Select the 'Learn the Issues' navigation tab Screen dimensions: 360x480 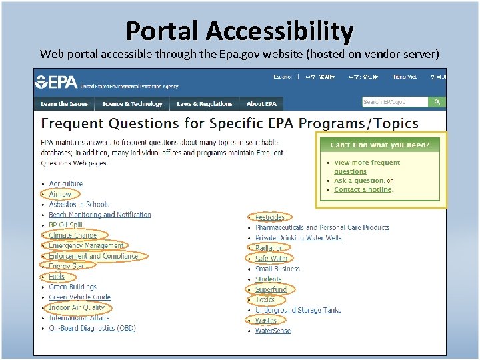click(x=64, y=104)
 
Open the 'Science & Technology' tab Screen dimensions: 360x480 click(x=132, y=104)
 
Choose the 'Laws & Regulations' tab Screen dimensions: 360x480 click(x=205, y=104)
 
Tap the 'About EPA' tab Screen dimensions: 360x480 click(x=261, y=104)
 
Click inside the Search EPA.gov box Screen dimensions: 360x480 click(x=394, y=102)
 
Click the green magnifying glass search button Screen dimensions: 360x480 click(x=437, y=102)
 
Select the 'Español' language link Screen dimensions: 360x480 click(x=283, y=77)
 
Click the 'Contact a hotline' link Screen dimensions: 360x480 click(x=363, y=189)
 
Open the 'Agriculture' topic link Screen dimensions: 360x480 click(x=66, y=184)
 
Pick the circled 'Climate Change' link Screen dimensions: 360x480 click(x=73, y=235)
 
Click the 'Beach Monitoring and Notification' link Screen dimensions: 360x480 click(x=100, y=215)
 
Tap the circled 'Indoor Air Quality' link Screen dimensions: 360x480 click(x=77, y=308)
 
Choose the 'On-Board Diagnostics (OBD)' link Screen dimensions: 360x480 click(x=92, y=328)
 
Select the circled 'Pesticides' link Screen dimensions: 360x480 click(x=270, y=217)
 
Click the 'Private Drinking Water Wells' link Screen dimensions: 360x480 click(x=298, y=237)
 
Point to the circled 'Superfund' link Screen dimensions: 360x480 click(x=271, y=289)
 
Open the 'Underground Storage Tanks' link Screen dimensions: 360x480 click(x=298, y=310)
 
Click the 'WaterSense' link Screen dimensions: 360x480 click(x=273, y=331)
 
